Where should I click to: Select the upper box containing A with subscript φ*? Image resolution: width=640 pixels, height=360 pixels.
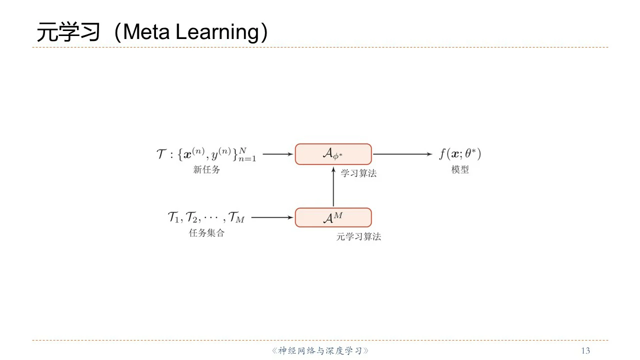point(333,154)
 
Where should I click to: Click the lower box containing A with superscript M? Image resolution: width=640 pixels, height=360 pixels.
point(333,217)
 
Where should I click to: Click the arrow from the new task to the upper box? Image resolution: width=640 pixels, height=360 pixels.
point(278,154)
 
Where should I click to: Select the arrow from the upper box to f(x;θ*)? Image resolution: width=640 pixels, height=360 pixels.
point(402,154)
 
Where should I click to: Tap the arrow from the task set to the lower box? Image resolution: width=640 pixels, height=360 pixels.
point(272,217)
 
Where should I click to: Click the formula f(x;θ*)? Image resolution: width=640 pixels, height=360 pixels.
point(460,153)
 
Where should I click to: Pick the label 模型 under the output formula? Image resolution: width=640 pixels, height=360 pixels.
point(460,170)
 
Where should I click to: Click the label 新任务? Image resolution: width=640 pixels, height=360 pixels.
point(206,170)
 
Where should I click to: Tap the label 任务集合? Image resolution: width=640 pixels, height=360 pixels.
point(206,233)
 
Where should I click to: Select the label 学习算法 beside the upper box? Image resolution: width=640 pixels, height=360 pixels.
point(358,173)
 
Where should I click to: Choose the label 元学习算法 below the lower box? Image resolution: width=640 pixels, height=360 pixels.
point(358,237)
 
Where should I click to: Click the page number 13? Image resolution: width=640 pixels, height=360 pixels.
point(586,350)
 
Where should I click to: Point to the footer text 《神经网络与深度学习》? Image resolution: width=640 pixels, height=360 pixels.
point(320,350)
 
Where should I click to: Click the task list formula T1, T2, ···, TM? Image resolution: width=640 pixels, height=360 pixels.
point(206,217)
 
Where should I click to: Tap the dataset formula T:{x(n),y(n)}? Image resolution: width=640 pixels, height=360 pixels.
point(206,154)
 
